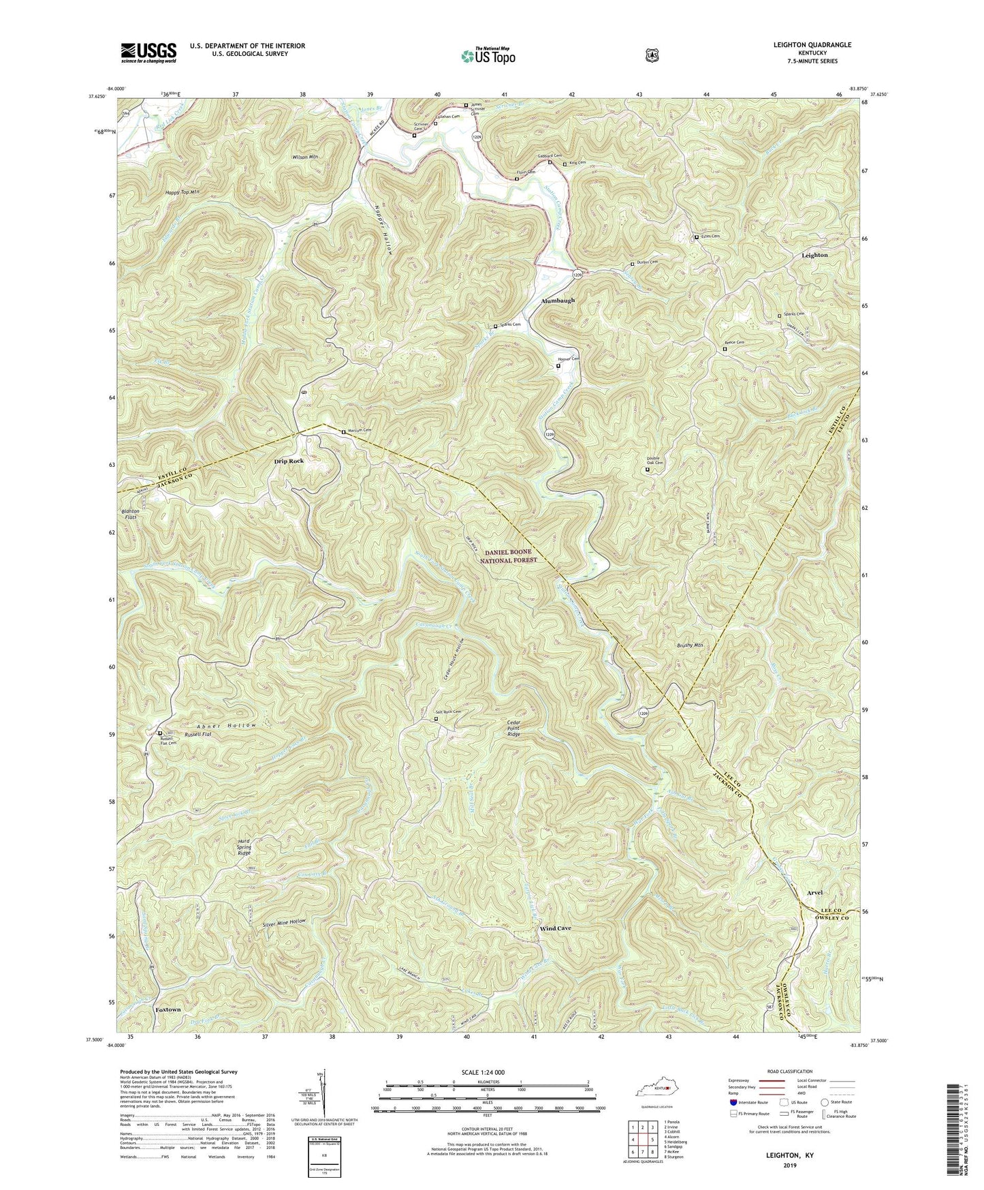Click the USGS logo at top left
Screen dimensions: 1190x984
pyautogui.click(x=148, y=52)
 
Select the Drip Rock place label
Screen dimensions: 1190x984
pyautogui.click(x=289, y=461)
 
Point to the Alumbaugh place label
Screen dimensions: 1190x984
pyautogui.click(x=558, y=301)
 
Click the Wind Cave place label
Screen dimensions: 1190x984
pyautogui.click(x=555, y=928)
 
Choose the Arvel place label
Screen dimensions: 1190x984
pyautogui.click(x=814, y=893)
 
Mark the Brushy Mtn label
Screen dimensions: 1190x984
pyautogui.click(x=690, y=645)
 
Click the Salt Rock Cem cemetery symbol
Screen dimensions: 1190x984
pyautogui.click(x=437, y=718)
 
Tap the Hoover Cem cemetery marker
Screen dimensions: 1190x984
pyautogui.click(x=558, y=366)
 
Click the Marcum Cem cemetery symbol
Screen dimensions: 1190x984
pyautogui.click(x=343, y=431)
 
